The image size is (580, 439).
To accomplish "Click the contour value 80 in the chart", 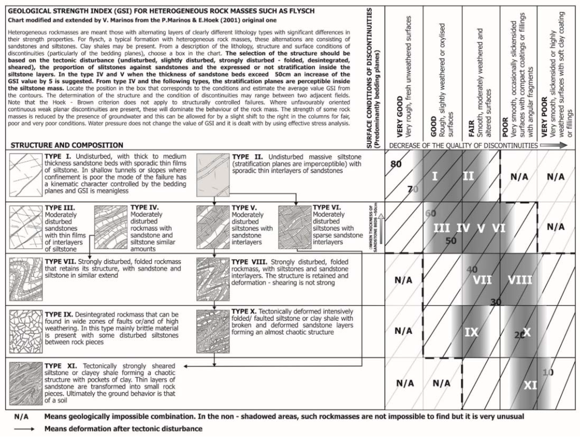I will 396,164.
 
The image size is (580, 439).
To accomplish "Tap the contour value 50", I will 451,241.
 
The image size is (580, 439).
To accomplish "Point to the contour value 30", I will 496,302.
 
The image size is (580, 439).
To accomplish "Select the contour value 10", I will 548,372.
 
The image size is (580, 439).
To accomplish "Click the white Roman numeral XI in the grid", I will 530,385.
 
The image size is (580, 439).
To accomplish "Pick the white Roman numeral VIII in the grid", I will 520,280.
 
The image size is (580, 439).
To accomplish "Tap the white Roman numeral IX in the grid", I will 471,332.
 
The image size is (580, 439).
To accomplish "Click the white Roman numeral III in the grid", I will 442,228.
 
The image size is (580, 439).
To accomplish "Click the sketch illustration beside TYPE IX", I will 26,331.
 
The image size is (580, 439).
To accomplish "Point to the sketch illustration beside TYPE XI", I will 26,384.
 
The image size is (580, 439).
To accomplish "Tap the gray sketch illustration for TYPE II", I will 213,175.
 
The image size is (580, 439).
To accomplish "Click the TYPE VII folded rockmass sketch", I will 26,279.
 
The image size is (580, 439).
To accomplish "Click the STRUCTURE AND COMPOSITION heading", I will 67,145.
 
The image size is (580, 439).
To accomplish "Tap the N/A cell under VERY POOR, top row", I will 556,177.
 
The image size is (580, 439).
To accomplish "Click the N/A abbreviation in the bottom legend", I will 21,417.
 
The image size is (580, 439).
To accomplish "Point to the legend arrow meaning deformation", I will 24,429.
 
